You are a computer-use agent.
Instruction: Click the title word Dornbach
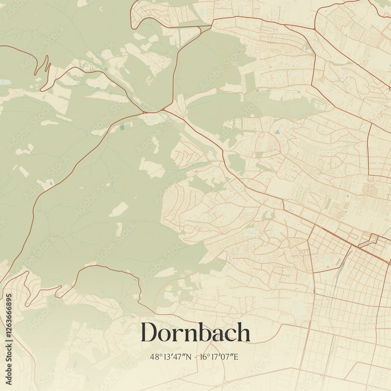coord(195,332)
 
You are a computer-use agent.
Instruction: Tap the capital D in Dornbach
coord(150,332)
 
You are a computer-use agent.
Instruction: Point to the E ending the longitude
coord(236,357)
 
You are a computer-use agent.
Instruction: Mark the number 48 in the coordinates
coord(153,357)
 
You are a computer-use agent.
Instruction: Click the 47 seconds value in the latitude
coord(179,357)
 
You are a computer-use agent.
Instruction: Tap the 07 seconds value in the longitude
coord(227,357)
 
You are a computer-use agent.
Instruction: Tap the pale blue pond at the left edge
coord(5,82)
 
